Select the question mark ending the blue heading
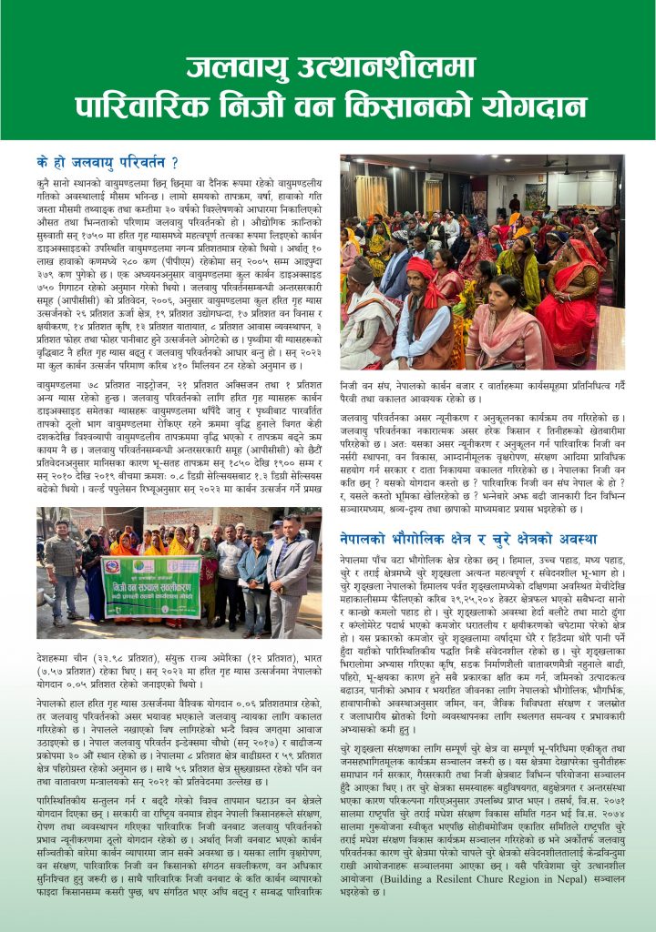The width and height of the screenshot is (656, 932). (174, 164)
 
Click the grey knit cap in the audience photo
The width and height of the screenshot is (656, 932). (364, 270)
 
